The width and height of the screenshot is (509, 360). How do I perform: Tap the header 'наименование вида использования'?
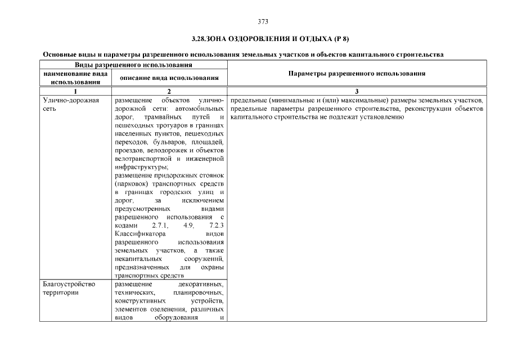coord(75,78)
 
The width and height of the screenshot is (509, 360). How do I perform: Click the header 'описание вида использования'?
coord(169,78)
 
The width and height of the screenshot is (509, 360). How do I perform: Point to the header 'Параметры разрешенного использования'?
coord(357,74)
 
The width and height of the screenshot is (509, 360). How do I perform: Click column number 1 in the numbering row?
coord(75,91)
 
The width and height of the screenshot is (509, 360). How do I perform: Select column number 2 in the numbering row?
coord(169,91)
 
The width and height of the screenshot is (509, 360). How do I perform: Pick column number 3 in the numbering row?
coord(357,91)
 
